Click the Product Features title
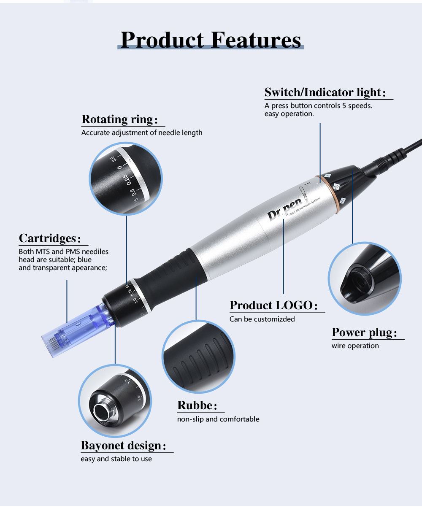pyautogui.click(x=211, y=40)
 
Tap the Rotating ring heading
pyautogui.click(x=119, y=119)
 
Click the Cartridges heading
pyautogui.click(x=50, y=238)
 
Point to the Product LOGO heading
pyautogui.click(x=273, y=305)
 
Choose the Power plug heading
pyautogui.click(x=365, y=332)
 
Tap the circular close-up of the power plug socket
pyautogui.click(x=364, y=278)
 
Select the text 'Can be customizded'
pyautogui.click(x=262, y=319)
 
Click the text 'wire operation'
pyautogui.click(x=355, y=346)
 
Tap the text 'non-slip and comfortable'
pyautogui.click(x=218, y=419)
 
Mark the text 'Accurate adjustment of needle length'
pyautogui.click(x=142, y=132)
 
